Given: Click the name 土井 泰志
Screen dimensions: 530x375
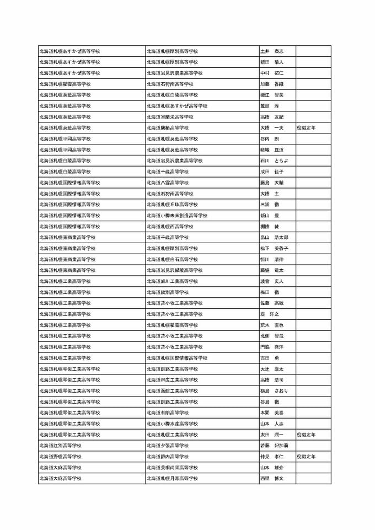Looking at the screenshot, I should coord(271,51).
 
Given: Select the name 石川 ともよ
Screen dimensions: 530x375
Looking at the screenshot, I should coord(274,160).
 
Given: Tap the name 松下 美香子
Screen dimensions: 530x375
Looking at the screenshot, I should coord(274,248).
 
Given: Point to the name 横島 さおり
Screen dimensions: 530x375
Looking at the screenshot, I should coord(274,390).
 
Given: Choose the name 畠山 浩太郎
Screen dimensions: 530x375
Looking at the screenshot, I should coord(274,237).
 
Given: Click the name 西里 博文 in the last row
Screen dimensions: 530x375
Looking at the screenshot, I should coord(271,478).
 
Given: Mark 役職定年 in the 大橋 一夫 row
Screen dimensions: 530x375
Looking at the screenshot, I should coord(306,128).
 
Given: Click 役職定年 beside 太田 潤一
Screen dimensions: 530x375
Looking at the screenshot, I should coord(306,435).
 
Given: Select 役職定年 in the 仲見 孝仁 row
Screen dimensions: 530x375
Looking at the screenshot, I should coord(306,457).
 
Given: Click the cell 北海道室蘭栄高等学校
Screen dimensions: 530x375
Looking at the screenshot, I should coord(170,117).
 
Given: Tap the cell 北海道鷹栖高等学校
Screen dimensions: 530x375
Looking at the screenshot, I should coord(168,128).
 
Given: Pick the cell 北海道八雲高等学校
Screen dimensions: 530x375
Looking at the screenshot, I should coord(168,183).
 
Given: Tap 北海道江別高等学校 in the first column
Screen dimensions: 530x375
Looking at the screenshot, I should coord(61,446).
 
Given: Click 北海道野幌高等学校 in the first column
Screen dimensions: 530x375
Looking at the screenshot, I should coord(61,457).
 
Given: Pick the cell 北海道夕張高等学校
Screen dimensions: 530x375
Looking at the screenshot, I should coord(168,446).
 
